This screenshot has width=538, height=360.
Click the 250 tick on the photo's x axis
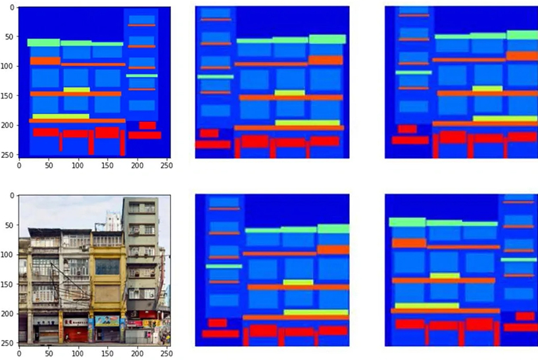pos(166,353)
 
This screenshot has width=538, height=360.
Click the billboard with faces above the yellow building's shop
pos(107,321)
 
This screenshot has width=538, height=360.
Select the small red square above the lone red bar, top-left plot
pos(147,125)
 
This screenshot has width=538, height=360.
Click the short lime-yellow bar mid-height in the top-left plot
pos(76,89)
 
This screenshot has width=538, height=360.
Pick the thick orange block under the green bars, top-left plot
pos(45,61)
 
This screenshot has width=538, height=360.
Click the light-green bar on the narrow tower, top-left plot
pos(141,76)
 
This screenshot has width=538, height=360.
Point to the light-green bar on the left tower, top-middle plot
pos(215,76)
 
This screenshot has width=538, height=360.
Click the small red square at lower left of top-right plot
pos(407,129)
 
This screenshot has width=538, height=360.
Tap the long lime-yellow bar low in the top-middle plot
pos(307,122)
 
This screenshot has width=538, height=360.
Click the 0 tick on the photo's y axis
pos(13,195)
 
